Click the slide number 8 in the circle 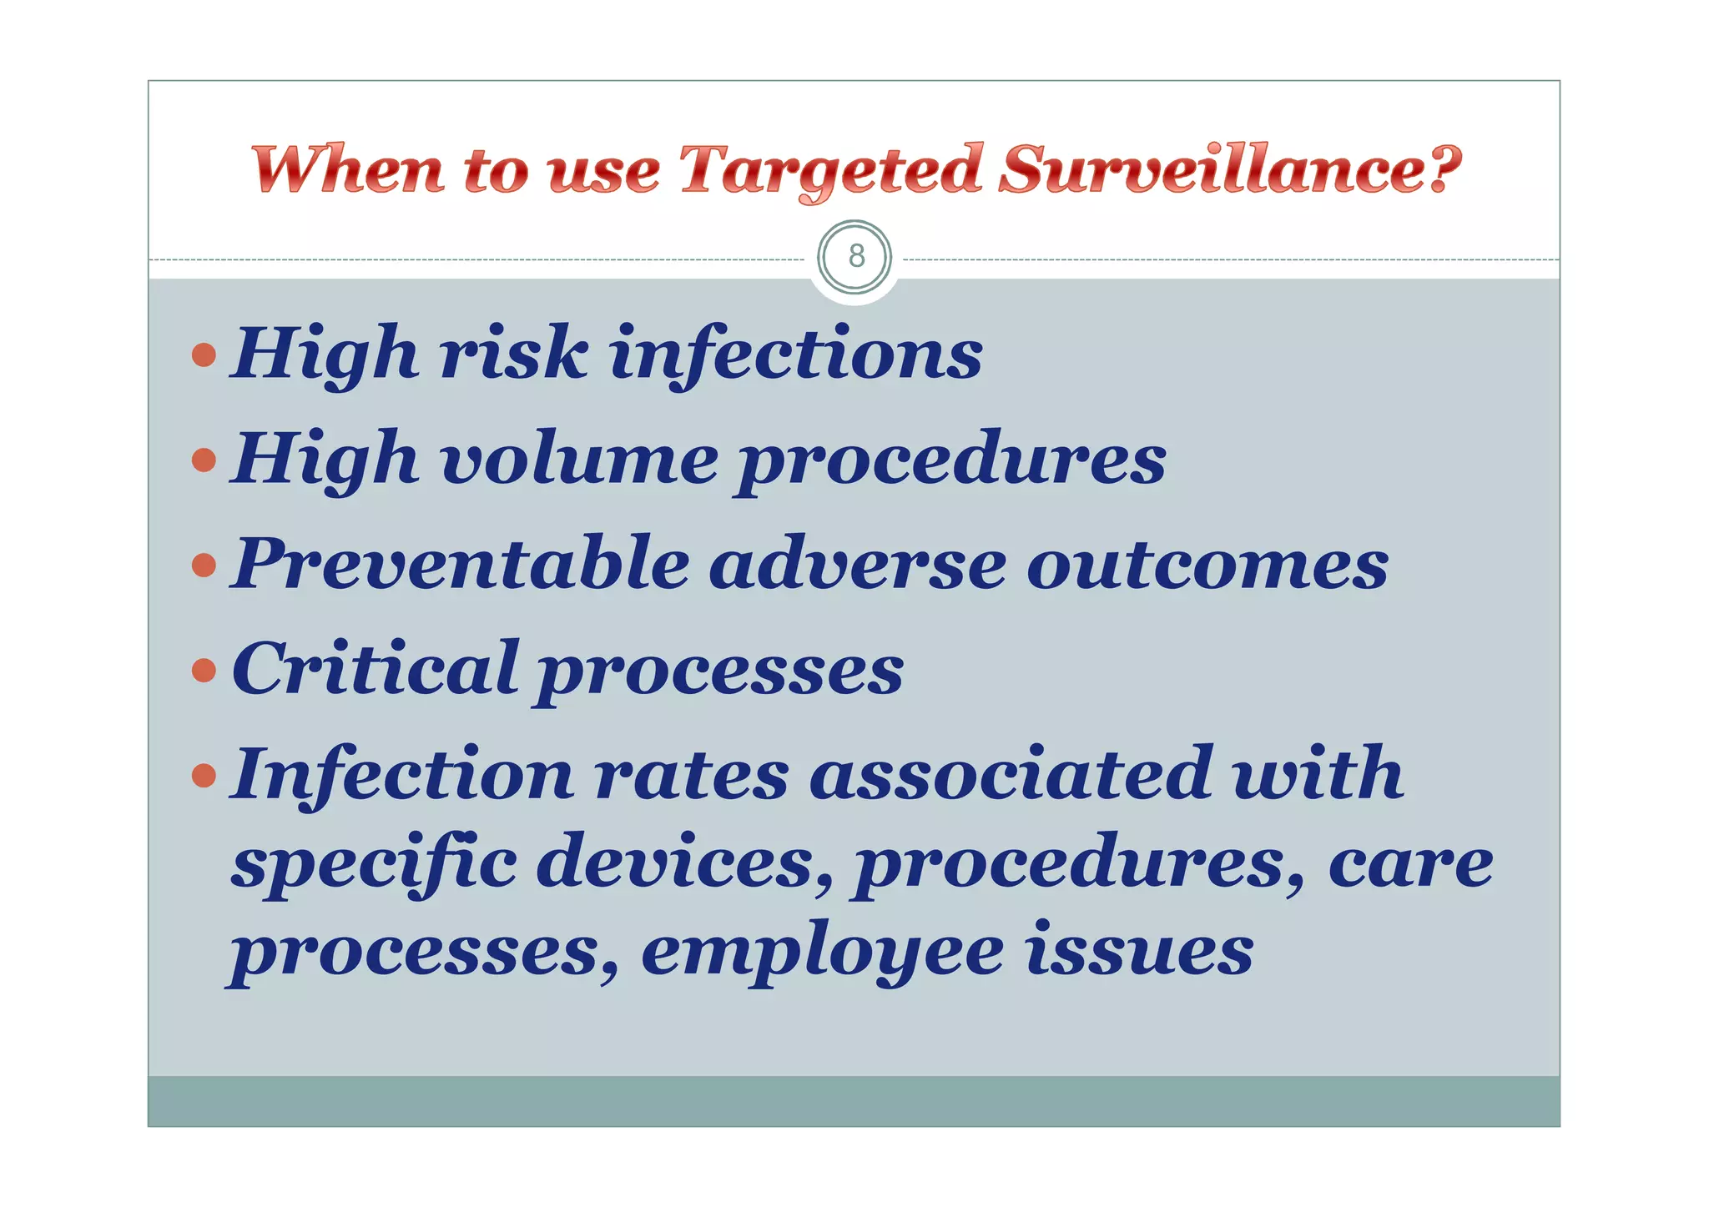(855, 256)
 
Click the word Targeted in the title (831, 170)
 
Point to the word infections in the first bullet (796, 355)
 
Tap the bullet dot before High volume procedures (204, 460)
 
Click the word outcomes (1207, 566)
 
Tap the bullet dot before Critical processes (204, 670)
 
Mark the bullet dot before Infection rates (204, 776)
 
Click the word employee (822, 953)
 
